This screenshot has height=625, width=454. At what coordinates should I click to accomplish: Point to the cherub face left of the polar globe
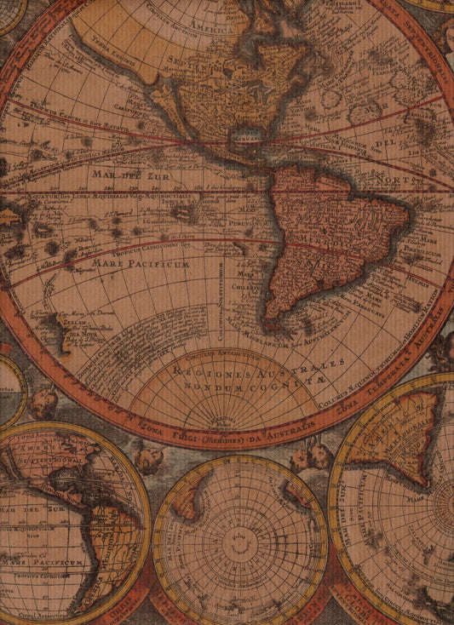coord(149,460)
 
